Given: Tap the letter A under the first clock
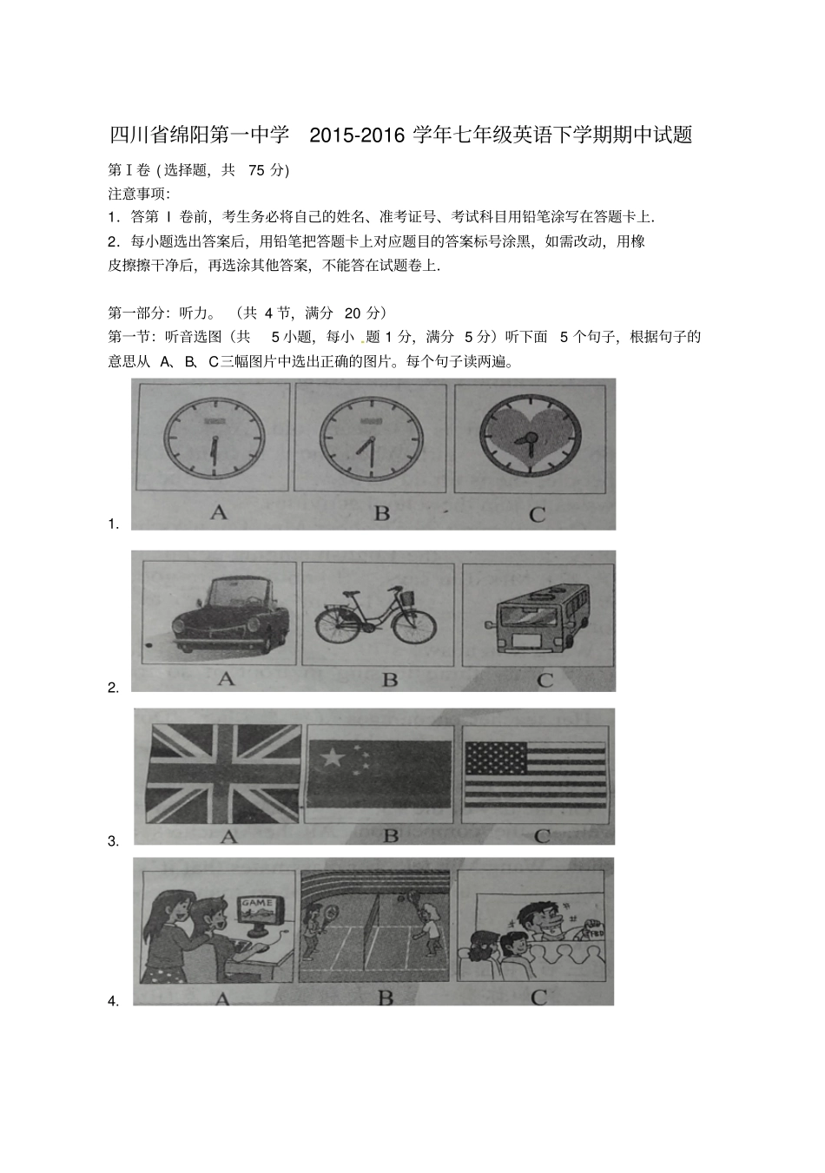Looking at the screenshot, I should (219, 512).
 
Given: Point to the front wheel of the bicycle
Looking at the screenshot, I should (412, 625).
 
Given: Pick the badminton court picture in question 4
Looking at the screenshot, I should (375, 926).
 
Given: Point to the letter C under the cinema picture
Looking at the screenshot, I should (539, 998).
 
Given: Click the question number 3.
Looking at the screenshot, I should (113, 840).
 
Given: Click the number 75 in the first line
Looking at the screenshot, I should (256, 170).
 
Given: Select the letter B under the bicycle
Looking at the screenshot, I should (390, 679).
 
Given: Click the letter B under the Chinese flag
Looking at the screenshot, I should (391, 835).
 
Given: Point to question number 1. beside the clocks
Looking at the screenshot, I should (113, 524).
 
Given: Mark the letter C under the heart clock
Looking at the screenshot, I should (537, 514).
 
